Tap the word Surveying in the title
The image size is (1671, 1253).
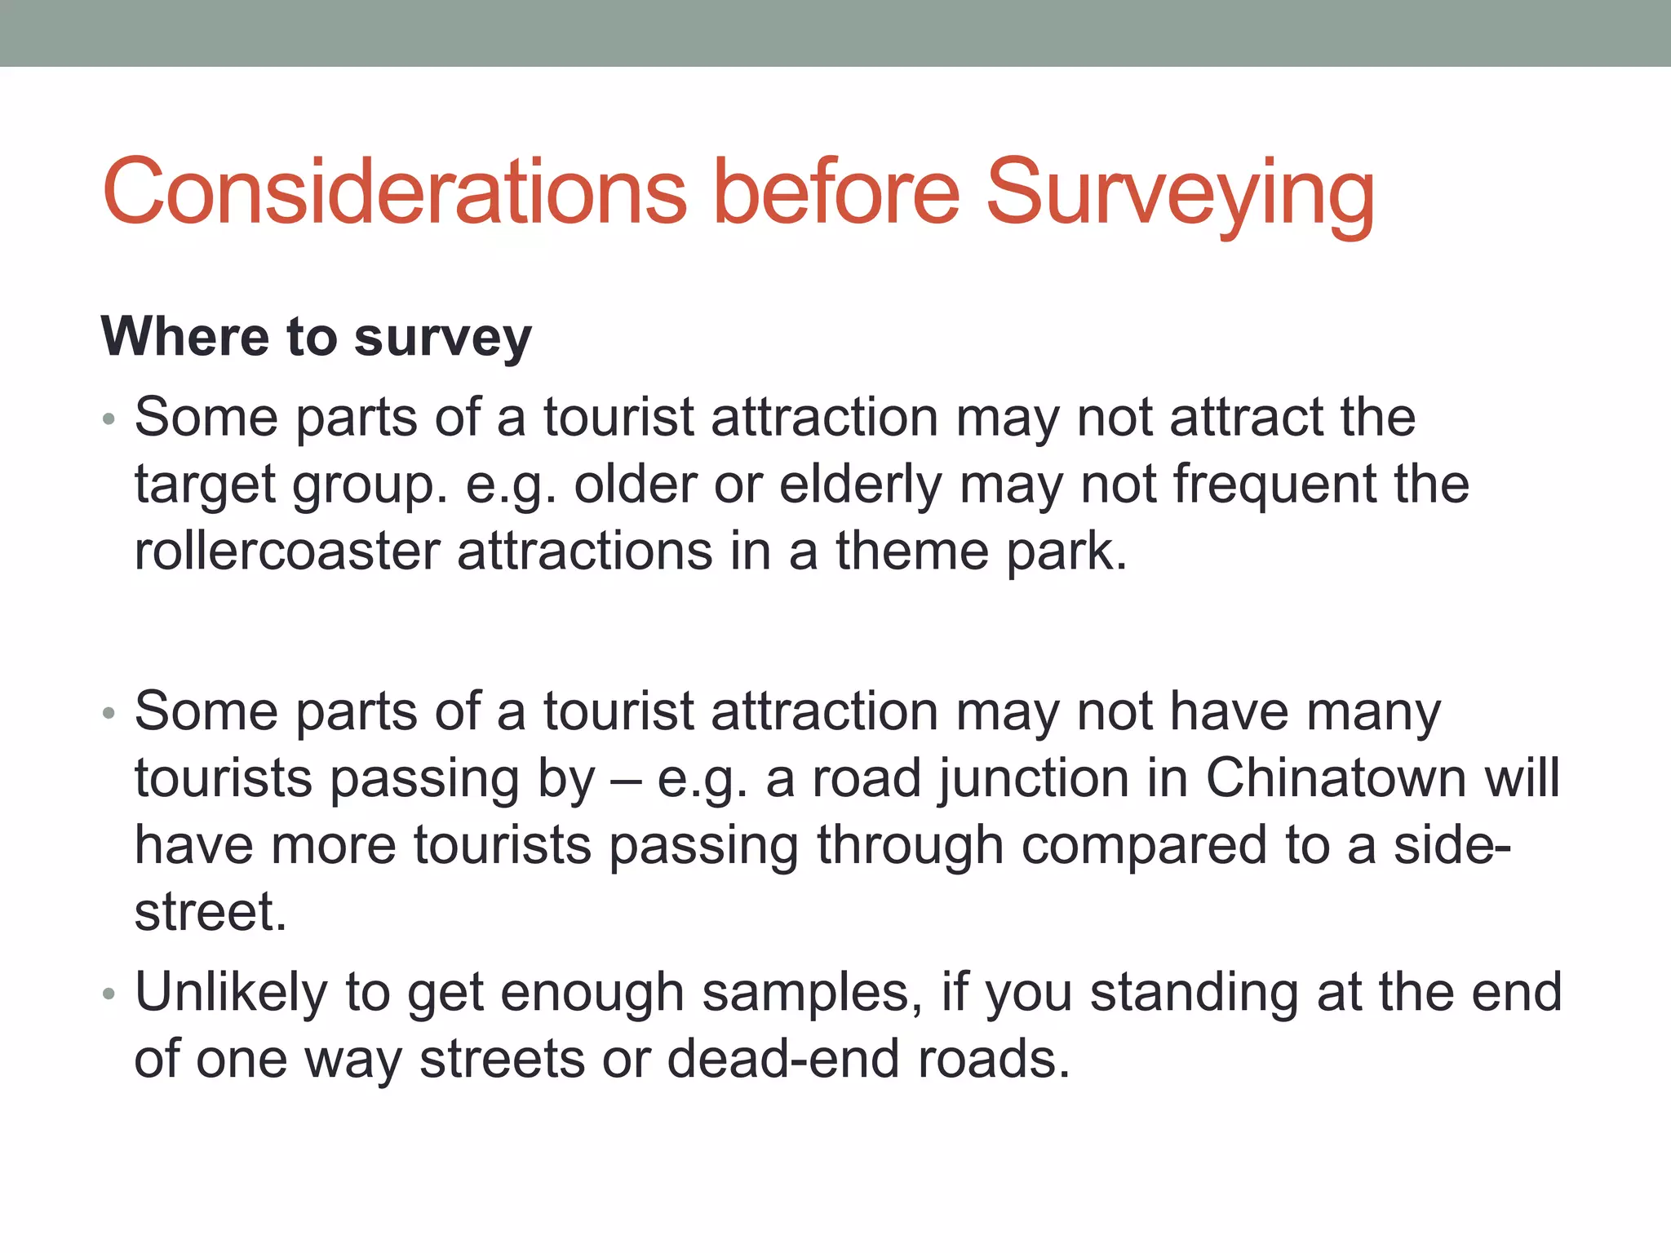click(x=1180, y=193)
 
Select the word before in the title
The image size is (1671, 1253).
click(x=835, y=193)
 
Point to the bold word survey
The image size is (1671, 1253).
click(x=443, y=338)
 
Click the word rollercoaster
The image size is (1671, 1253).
click(x=286, y=551)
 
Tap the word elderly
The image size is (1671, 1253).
click(x=860, y=485)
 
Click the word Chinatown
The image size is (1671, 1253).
click(x=1336, y=777)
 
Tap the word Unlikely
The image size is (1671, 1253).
click(x=231, y=993)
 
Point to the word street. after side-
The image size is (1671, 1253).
click(x=211, y=912)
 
